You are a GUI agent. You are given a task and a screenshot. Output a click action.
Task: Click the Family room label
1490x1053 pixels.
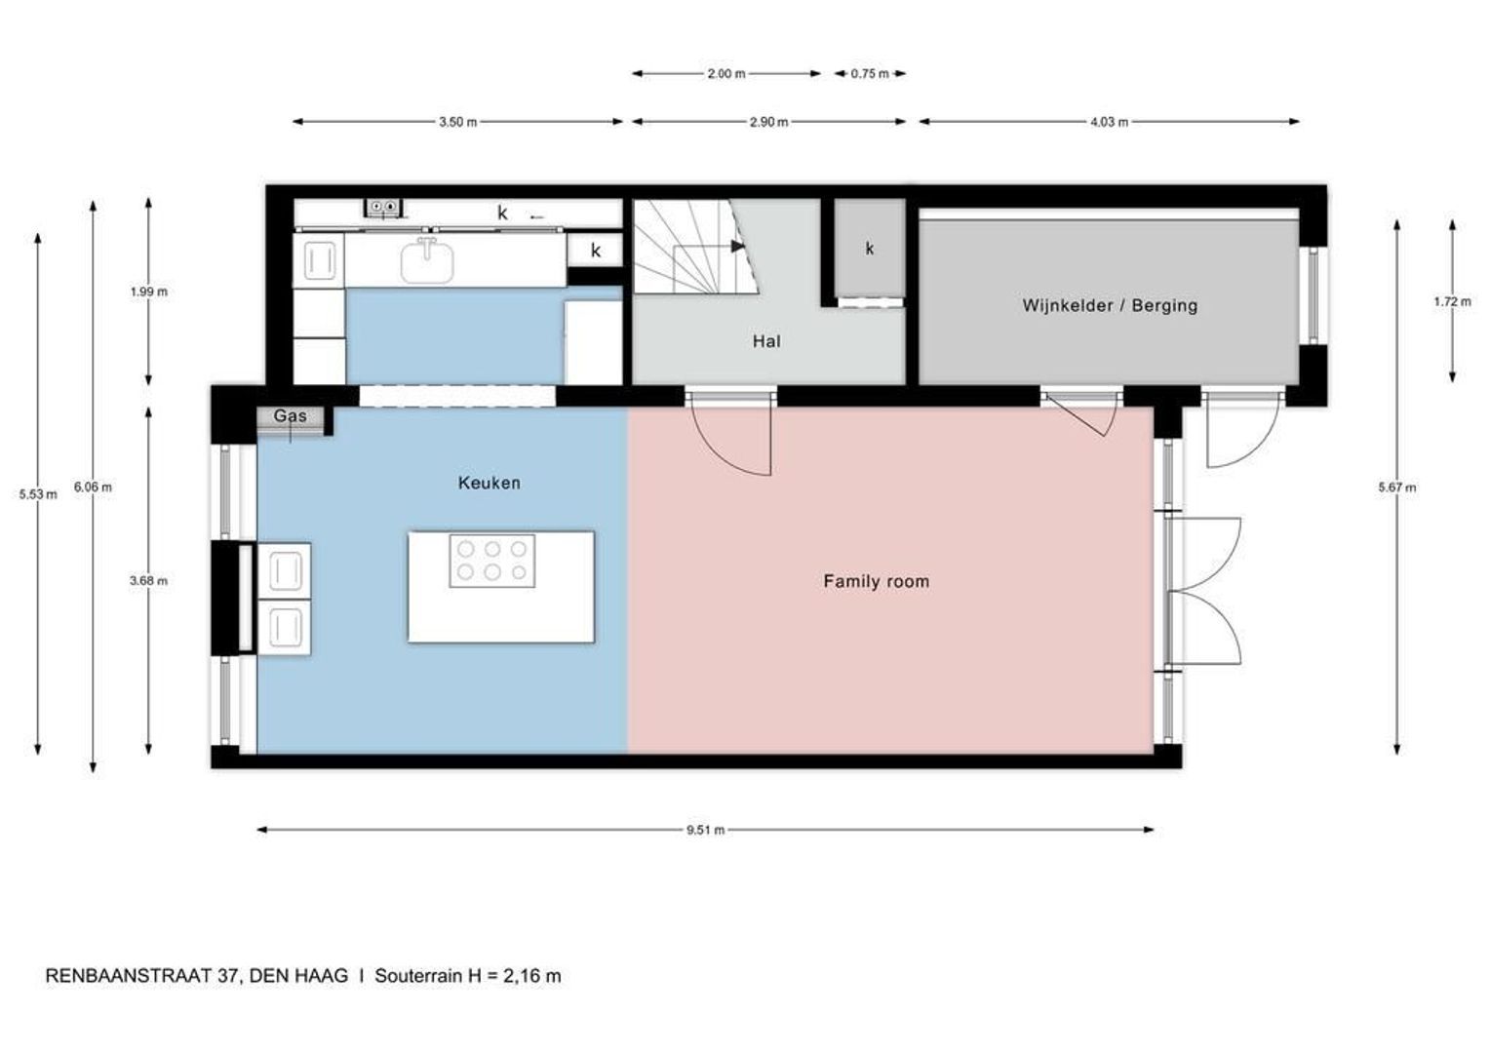[876, 582]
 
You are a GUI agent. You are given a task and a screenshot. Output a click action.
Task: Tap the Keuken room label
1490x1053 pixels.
[489, 483]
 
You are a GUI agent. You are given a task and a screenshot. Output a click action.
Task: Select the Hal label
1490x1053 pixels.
[765, 341]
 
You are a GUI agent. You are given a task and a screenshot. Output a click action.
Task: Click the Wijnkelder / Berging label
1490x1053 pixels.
[1110, 305]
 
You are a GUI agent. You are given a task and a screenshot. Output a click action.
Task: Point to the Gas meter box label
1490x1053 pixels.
[290, 416]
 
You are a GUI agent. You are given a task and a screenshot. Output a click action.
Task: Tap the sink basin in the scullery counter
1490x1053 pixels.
[427, 261]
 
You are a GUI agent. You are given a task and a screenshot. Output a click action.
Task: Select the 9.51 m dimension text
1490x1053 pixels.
[705, 831]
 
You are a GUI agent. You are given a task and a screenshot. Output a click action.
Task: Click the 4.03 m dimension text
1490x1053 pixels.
[1109, 122]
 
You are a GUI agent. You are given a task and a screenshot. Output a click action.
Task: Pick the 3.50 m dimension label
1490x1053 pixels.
[457, 122]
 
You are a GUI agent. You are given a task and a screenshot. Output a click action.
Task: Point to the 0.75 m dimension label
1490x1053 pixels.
[870, 73]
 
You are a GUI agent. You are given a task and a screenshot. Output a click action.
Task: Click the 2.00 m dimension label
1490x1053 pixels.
[726, 73]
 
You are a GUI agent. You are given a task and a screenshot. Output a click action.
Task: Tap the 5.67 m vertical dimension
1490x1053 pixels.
[1396, 487]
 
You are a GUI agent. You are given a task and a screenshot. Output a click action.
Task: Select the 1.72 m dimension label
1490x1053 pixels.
[1452, 301]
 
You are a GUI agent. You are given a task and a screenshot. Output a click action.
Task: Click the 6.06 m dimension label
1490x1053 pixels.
[93, 487]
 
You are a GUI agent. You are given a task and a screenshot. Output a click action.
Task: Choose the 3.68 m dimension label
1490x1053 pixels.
[148, 581]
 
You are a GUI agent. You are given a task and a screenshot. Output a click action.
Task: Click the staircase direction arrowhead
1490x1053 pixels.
[737, 246]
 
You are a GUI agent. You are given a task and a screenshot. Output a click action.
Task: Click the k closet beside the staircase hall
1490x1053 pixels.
[869, 249]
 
